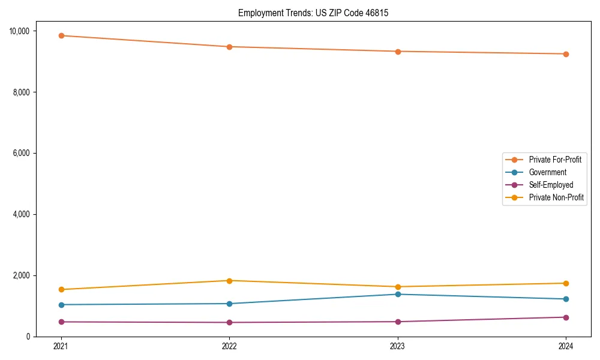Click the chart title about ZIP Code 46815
tap(313, 13)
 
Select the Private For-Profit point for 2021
tap(61, 35)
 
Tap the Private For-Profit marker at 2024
tap(566, 54)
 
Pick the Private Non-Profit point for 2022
tap(229, 281)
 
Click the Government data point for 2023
tap(397, 294)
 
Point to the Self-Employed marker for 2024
tap(566, 317)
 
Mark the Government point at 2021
tap(61, 305)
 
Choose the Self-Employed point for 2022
tap(229, 322)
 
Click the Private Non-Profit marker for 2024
tap(566, 283)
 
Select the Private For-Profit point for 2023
tap(397, 51)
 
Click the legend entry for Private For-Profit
tap(555, 160)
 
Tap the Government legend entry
tap(547, 172)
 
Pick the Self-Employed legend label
tap(551, 185)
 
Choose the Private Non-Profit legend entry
tap(556, 197)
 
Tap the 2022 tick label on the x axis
tap(229, 346)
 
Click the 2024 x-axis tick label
tap(566, 346)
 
